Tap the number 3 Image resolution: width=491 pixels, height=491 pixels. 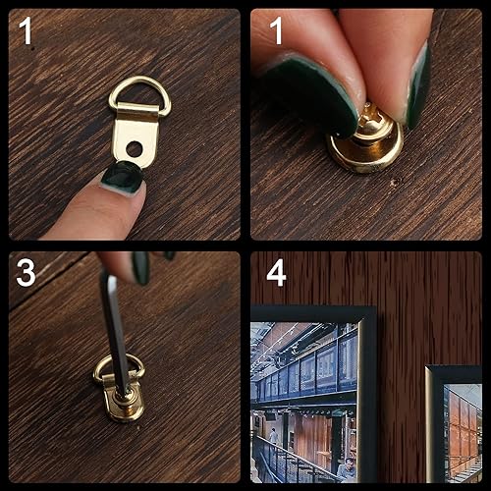[x=27, y=272]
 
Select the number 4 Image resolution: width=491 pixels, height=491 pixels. [x=276, y=272]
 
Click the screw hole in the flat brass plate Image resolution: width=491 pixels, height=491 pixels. [x=134, y=150]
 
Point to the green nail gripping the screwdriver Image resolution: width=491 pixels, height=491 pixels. [x=141, y=267]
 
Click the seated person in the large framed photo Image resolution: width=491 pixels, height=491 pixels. [x=346, y=469]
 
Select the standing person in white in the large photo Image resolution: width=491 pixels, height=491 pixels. [x=272, y=436]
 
